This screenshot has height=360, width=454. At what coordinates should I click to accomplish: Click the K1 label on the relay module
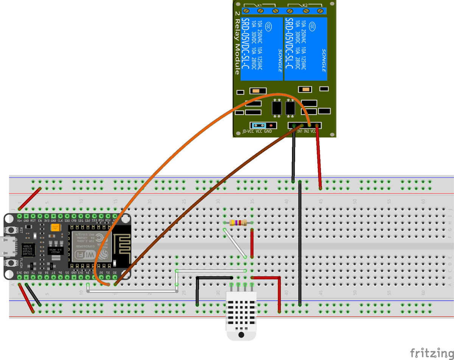[x=260, y=5]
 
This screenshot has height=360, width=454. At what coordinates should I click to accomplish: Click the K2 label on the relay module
[x=305, y=5]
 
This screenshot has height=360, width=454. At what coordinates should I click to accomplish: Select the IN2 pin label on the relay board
[x=306, y=131]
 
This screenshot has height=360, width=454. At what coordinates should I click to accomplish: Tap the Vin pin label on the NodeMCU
[x=19, y=220]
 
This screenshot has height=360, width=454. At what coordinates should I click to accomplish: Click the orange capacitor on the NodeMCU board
[x=56, y=228]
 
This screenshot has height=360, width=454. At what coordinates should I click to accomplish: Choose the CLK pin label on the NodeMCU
[x=60, y=220]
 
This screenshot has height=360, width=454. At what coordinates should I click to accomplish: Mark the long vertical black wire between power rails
[x=300, y=242]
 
